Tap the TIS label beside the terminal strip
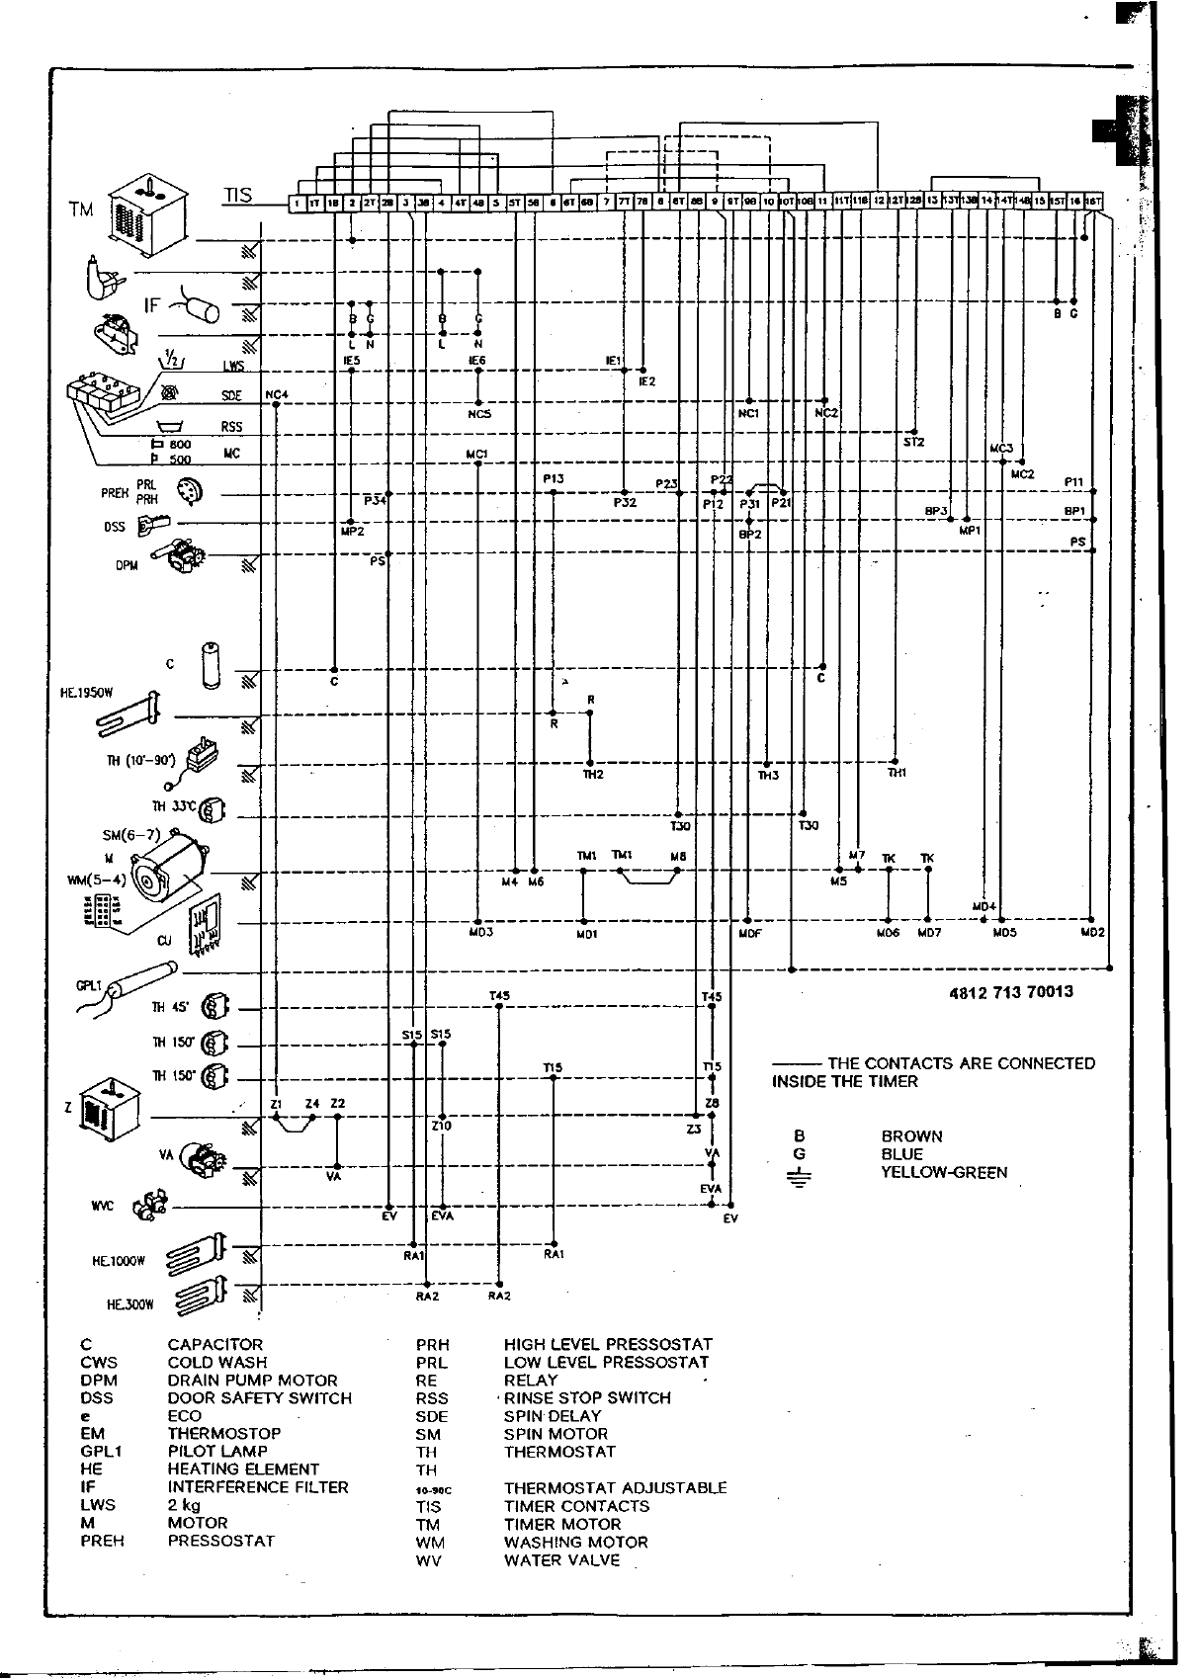pos(238,195)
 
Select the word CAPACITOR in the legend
pos(214,1345)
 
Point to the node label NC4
pos(277,395)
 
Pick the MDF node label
pos(750,932)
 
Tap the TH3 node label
pos(768,776)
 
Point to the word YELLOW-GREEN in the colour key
pos(944,1173)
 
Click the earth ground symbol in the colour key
pos(799,1177)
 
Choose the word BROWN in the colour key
pos(911,1136)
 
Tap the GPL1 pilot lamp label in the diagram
pos(90,985)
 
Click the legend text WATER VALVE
pos(561,1560)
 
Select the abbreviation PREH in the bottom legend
pos(103,1541)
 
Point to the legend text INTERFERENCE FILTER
pos(258,1487)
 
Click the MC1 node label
pos(476,455)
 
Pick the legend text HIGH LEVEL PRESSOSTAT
pos(607,1345)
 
